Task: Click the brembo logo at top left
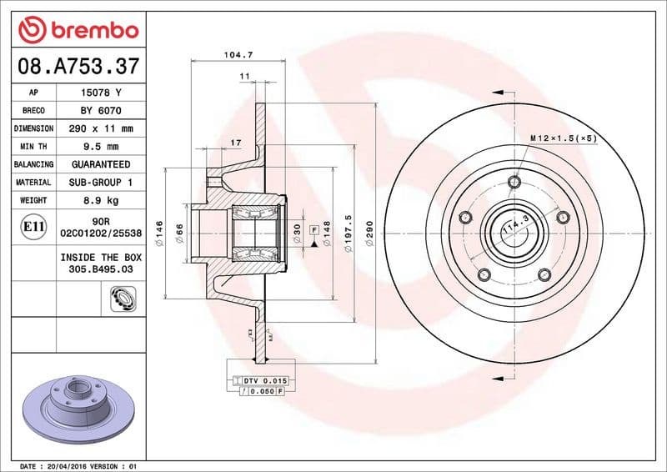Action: [x=78, y=31]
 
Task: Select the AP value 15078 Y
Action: [x=101, y=93]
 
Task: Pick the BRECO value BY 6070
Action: [x=101, y=110]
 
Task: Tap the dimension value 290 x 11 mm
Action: [x=101, y=128]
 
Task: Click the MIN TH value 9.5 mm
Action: [x=101, y=147]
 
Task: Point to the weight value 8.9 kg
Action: [x=101, y=200]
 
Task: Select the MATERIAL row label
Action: [x=33, y=182]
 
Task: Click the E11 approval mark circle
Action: [x=34, y=227]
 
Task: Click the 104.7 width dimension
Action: [x=238, y=54]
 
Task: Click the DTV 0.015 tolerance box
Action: [x=264, y=380]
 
